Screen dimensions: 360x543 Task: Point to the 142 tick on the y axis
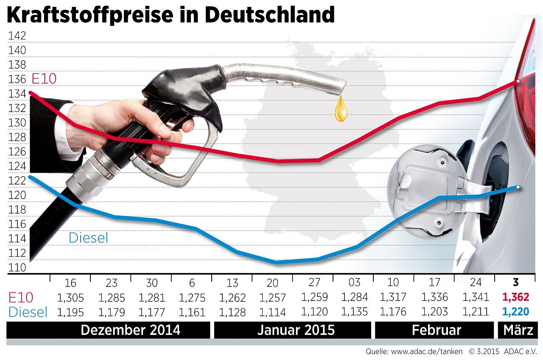pos(17,36)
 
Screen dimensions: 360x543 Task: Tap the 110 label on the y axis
pos(17,267)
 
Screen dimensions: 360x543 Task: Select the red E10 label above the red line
pos(44,79)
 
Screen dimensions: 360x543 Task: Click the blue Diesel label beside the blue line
pos(88,238)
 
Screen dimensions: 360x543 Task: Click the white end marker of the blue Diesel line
pos(518,187)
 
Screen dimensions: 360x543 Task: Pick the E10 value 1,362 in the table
pos(515,297)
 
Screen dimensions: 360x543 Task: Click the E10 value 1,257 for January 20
pos(272,297)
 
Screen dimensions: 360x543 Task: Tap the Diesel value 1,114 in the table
pos(272,312)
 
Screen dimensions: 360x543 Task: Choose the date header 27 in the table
pos(313,283)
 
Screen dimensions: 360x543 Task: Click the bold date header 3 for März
pos(515,283)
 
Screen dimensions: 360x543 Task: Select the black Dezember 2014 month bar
pos(109,330)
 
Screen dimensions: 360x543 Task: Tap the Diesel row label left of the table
pos(27,312)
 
